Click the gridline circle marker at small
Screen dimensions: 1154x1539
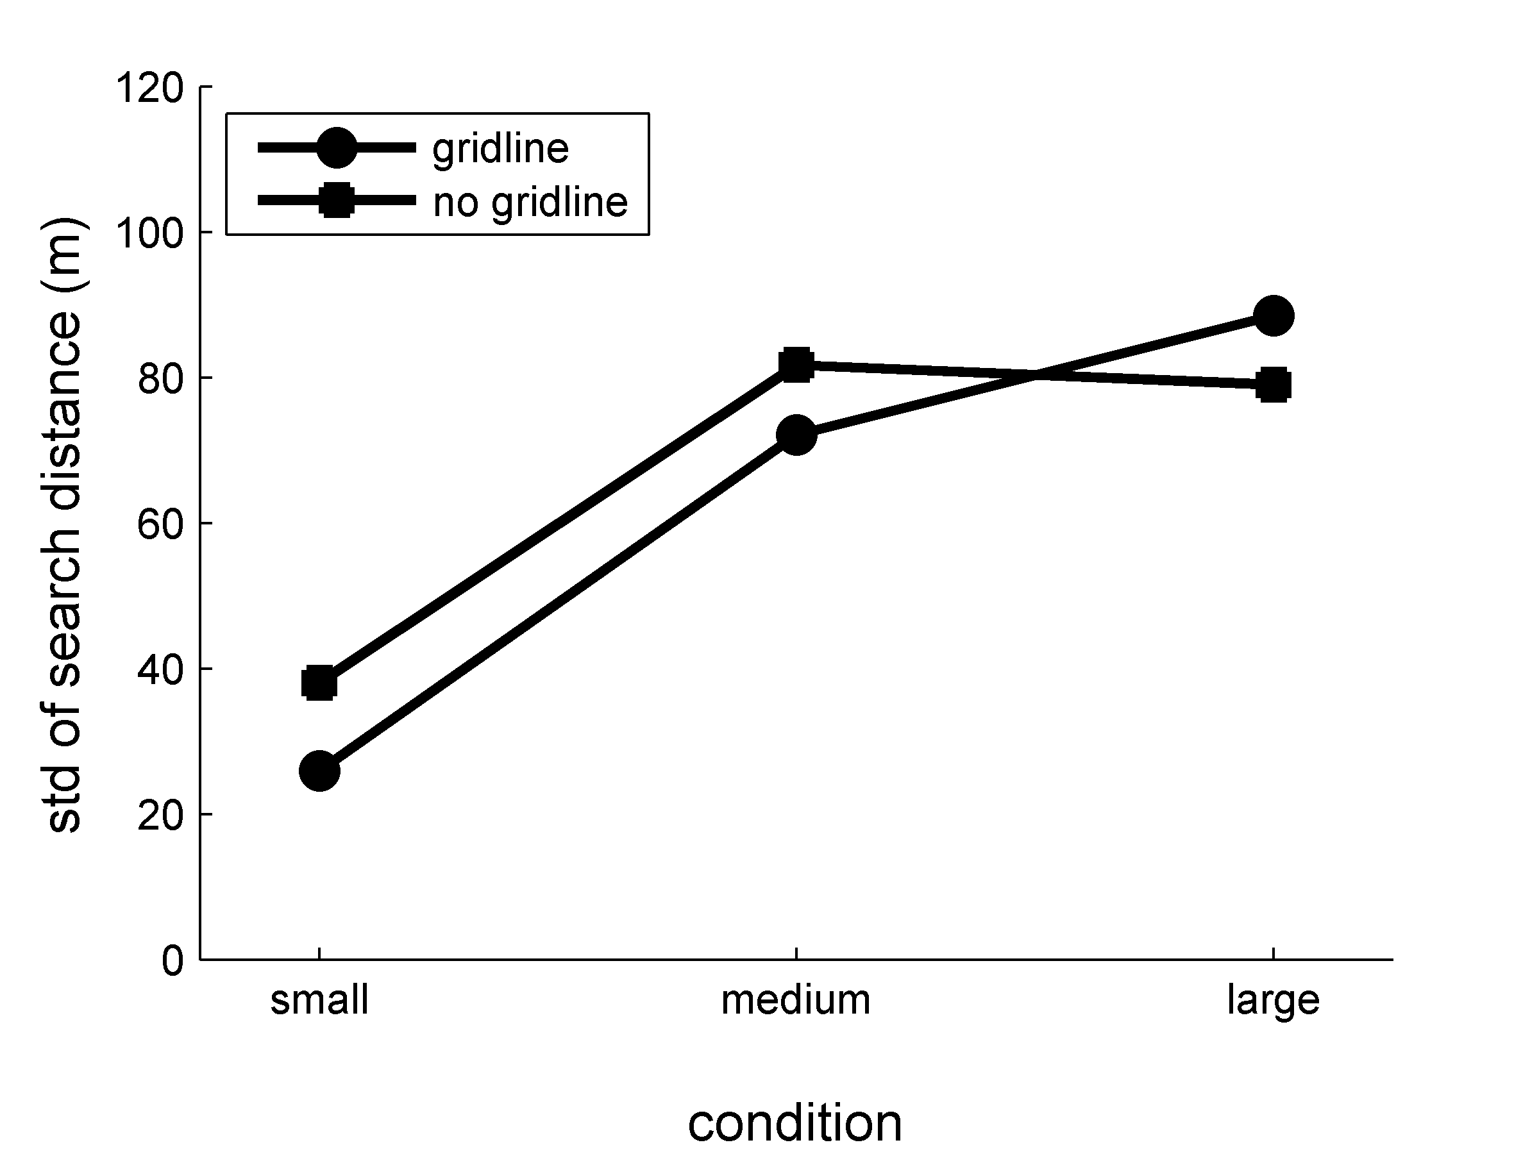(319, 771)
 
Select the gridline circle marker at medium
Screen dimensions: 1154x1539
(796, 435)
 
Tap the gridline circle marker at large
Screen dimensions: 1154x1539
(1274, 316)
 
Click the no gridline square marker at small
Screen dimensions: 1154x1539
(319, 683)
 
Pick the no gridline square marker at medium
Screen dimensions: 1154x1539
(796, 364)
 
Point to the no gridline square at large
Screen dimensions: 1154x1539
(1274, 385)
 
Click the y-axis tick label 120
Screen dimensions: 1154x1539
(149, 88)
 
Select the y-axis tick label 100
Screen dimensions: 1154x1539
(149, 234)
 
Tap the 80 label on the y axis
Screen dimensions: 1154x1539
(161, 379)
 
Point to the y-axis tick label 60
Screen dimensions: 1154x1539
(161, 524)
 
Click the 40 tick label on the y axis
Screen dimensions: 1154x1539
(161, 670)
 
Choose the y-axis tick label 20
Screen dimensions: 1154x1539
(161, 815)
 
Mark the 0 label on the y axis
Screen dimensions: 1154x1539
(172, 961)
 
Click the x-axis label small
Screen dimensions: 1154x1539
(319, 1000)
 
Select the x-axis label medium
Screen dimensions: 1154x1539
(796, 1000)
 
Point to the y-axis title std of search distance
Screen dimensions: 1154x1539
(64, 524)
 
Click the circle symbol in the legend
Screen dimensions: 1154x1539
(337, 147)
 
